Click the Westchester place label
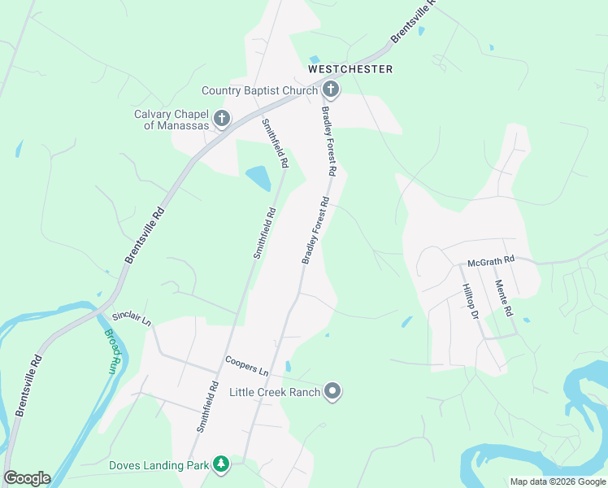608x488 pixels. click(x=350, y=69)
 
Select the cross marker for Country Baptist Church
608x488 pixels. click(x=330, y=89)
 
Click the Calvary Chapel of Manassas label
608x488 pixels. click(x=172, y=120)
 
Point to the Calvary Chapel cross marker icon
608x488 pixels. click(x=221, y=120)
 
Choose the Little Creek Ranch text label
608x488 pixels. click(x=274, y=393)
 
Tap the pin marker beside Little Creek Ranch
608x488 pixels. click(x=332, y=392)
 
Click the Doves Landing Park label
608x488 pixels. click(x=159, y=466)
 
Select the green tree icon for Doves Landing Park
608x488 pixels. click(x=220, y=465)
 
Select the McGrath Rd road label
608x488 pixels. click(x=491, y=260)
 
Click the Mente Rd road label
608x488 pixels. click(x=503, y=298)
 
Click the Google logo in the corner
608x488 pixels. click(x=27, y=478)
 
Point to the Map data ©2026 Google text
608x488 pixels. click(x=557, y=481)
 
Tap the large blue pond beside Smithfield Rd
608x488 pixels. click(x=258, y=177)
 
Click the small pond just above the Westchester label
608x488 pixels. click(x=314, y=59)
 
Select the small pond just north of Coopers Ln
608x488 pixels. click(x=288, y=366)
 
